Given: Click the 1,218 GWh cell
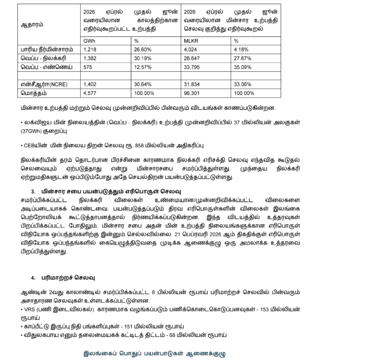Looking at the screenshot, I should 90,50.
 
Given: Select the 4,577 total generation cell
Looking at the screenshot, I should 90,93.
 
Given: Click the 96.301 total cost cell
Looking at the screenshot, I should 193,93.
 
